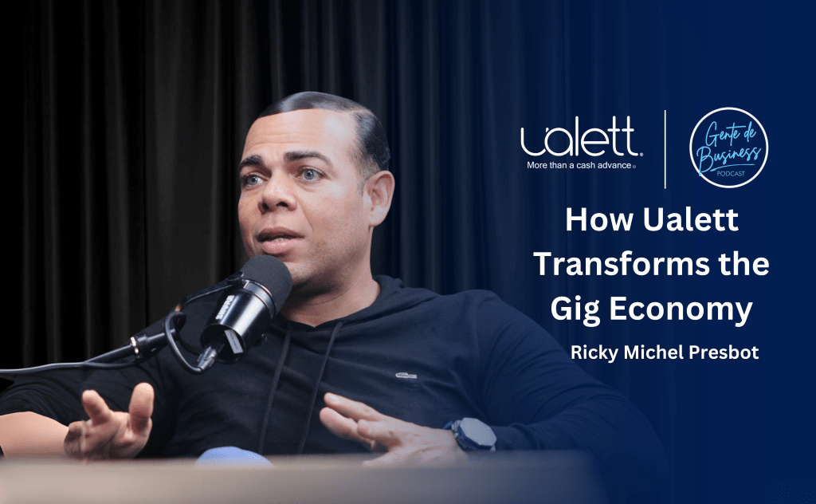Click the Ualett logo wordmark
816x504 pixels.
(x=579, y=140)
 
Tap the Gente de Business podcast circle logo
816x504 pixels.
(x=728, y=148)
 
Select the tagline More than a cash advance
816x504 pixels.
(x=579, y=166)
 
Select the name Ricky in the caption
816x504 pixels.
(x=592, y=352)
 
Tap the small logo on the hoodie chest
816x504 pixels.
(x=405, y=372)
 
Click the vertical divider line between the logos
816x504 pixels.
(x=665, y=149)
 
